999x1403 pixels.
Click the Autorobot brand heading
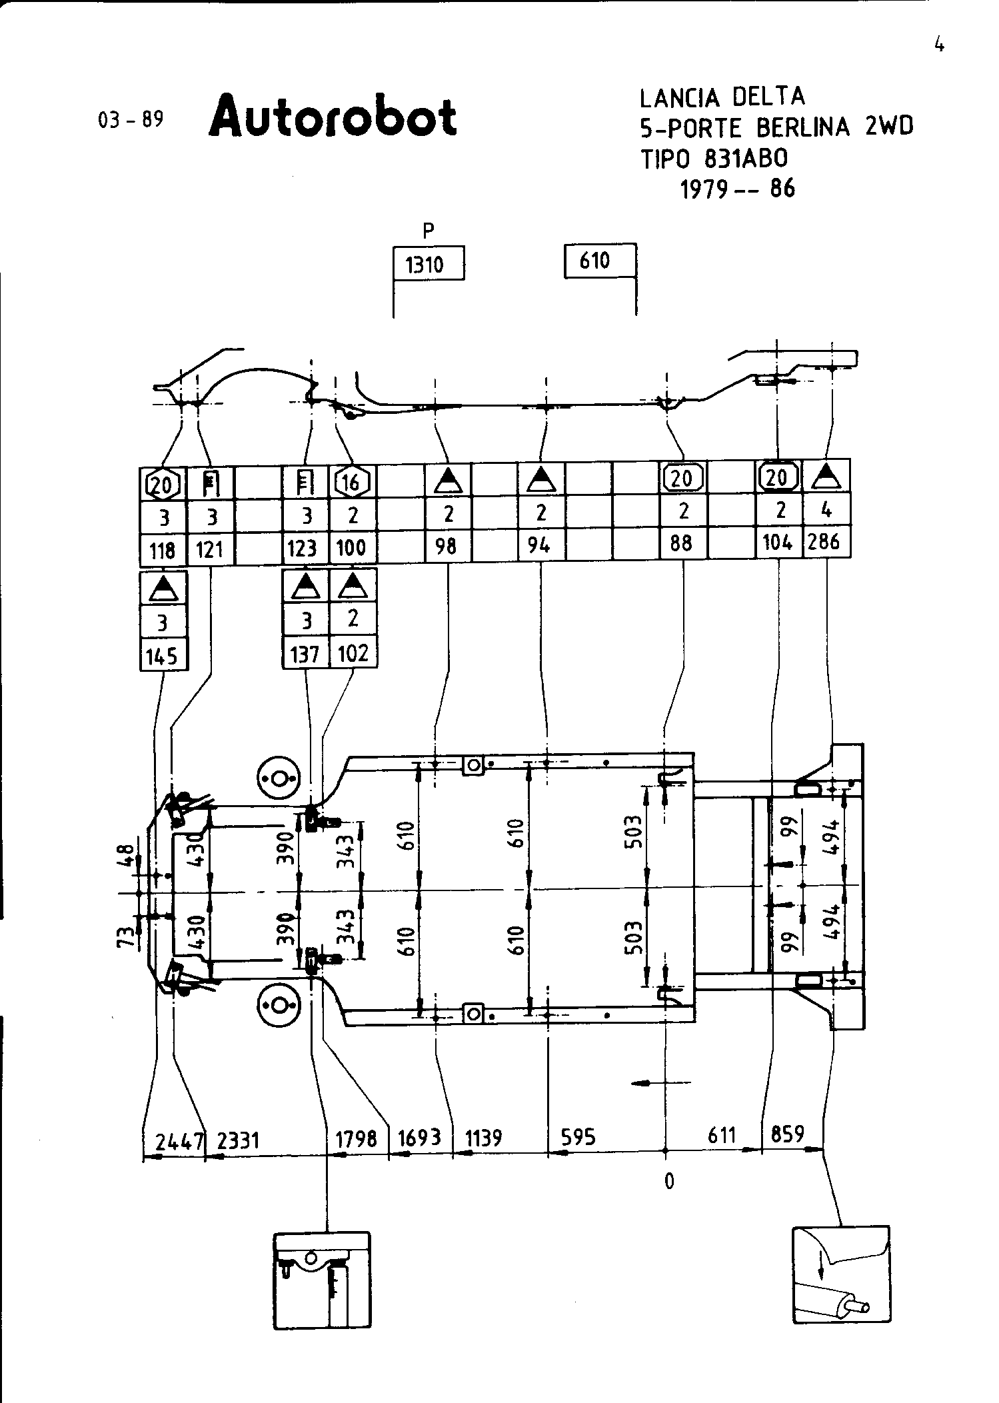[x=333, y=117]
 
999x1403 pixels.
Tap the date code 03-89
[x=131, y=120]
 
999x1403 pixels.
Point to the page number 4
[x=939, y=45]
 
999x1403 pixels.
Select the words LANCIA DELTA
[x=722, y=98]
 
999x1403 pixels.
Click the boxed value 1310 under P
[x=427, y=265]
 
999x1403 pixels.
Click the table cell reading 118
[x=163, y=550]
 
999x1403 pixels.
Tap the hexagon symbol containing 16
[x=352, y=482]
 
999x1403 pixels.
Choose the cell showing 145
[x=163, y=656]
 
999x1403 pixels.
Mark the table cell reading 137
[x=305, y=654]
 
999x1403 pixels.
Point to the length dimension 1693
[x=421, y=1137]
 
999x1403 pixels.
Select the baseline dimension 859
[x=787, y=1133]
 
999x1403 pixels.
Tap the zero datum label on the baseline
[x=669, y=1182]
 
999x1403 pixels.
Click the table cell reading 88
[x=682, y=543]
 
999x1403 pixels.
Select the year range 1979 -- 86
[x=737, y=189]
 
